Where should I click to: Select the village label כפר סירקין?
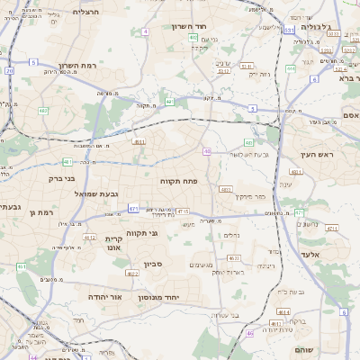tap(250, 195)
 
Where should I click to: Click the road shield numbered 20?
tap(9, 69)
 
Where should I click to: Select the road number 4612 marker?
tap(90, 237)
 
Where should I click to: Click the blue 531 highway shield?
tap(287, 30)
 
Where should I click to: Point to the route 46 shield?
tap(250, 333)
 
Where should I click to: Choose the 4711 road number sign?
tap(331, 229)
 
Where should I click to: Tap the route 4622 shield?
tap(131, 273)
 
